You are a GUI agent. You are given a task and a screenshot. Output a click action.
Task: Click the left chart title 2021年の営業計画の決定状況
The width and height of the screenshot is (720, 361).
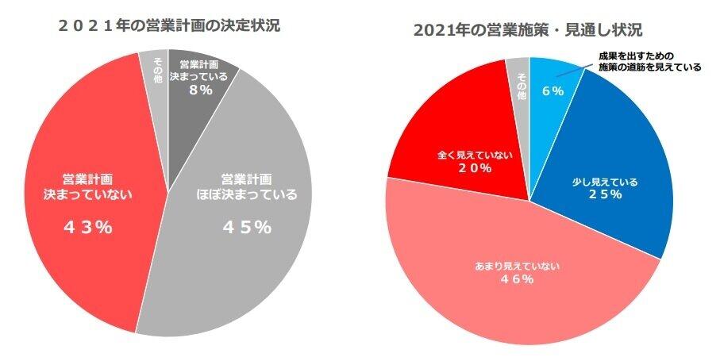click(x=169, y=25)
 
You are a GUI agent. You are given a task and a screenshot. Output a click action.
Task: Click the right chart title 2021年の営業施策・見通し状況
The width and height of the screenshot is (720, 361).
click(x=528, y=30)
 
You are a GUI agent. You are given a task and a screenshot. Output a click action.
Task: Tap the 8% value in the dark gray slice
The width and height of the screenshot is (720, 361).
click(x=201, y=90)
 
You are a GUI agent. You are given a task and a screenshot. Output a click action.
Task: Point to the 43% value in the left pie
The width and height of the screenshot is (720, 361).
click(x=87, y=227)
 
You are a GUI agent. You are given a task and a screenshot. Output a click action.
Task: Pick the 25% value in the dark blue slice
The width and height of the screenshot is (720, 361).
click(x=605, y=195)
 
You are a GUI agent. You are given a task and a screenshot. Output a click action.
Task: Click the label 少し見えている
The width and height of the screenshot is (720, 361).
click(x=605, y=182)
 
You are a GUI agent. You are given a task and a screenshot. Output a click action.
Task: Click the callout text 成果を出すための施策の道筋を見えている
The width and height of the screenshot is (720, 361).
click(x=649, y=62)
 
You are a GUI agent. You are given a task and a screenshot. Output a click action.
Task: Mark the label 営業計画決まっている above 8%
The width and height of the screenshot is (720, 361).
click(x=204, y=71)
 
